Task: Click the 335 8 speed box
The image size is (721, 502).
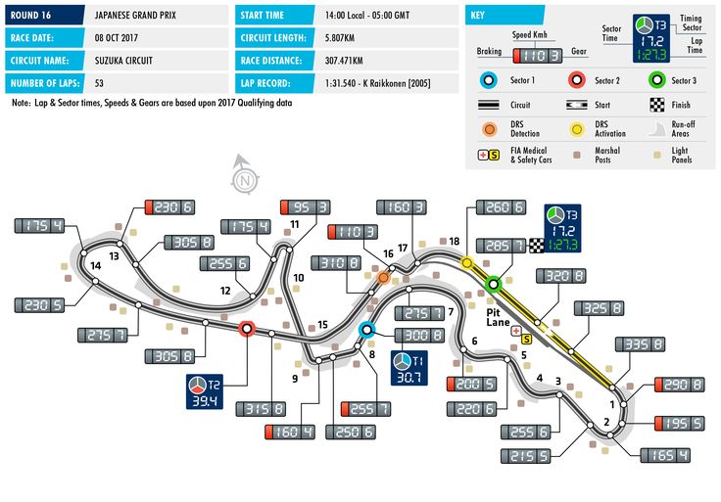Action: [x=640, y=344]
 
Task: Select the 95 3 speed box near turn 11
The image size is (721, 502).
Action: [x=306, y=207]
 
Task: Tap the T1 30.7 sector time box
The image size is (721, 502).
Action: [x=409, y=367]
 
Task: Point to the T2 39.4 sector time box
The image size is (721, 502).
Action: [x=205, y=391]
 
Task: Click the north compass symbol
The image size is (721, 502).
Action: [x=244, y=175]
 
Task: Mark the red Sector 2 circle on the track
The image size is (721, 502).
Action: [x=247, y=329]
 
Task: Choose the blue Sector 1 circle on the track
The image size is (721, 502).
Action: [x=366, y=330]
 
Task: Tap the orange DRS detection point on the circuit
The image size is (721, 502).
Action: [x=383, y=277]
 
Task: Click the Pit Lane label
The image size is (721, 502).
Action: [x=498, y=317]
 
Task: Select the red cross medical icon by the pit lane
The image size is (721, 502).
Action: [x=516, y=330]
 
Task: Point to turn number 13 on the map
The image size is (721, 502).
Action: [x=114, y=255]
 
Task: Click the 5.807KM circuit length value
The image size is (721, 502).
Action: [x=339, y=37]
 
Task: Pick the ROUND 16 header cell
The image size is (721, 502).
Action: [x=45, y=15]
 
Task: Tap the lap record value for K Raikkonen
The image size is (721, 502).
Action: [x=377, y=83]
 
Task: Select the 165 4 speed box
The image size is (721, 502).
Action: [x=665, y=455]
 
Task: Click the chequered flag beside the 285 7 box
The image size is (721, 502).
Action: [x=536, y=246]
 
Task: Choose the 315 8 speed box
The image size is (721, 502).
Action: [x=261, y=409]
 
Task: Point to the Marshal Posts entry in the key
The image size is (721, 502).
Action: [x=607, y=155]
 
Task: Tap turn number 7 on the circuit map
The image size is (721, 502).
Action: [x=451, y=312]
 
